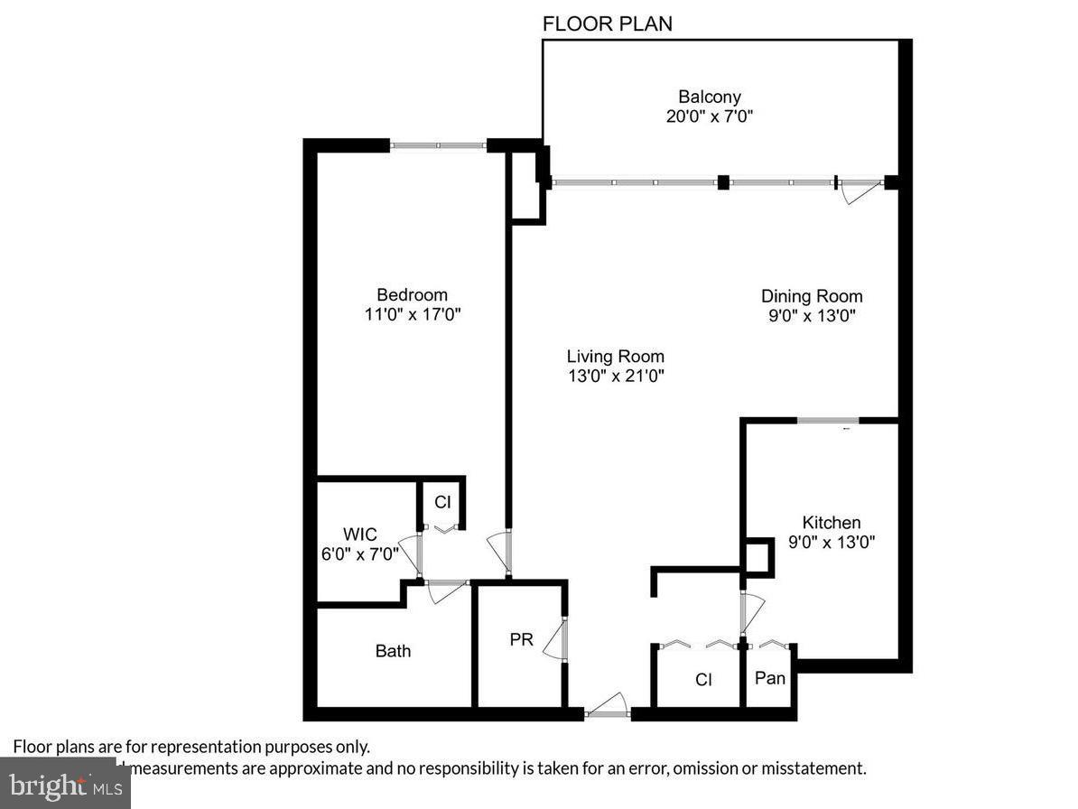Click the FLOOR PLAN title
607,23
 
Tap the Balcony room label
710,97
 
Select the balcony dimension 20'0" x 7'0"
710,116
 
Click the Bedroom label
412,294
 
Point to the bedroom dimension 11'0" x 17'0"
412,314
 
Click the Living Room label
615,356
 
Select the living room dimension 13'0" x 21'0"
615,376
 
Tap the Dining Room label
811,296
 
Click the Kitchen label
831,522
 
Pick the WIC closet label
359,535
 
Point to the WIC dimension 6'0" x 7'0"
359,554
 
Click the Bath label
393,650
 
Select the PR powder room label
521,639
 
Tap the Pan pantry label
769,677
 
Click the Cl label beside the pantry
703,679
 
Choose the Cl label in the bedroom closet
442,502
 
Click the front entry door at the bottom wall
607,710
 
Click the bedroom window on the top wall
438,144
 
